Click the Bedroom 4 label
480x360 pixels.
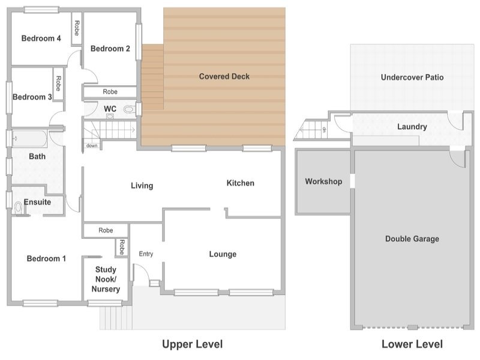(41, 38)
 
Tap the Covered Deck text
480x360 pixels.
(224, 76)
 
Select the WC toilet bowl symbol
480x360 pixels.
(129, 109)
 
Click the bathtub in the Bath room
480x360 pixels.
(29, 139)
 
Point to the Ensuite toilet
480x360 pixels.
(18, 208)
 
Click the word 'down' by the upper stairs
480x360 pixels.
(92, 146)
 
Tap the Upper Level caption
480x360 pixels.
(192, 344)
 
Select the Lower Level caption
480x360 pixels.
(412, 344)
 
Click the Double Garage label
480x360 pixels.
(412, 239)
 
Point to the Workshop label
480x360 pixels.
(323, 182)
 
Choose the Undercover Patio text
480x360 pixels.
(412, 77)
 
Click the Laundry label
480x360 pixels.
(412, 127)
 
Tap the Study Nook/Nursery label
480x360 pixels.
(106, 279)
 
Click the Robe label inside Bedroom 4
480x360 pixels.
(77, 28)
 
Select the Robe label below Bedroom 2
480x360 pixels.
(110, 92)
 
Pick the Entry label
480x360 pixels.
(146, 254)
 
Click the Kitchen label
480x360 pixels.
(241, 183)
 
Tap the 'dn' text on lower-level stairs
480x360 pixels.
(324, 130)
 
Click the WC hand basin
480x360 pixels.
(110, 116)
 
